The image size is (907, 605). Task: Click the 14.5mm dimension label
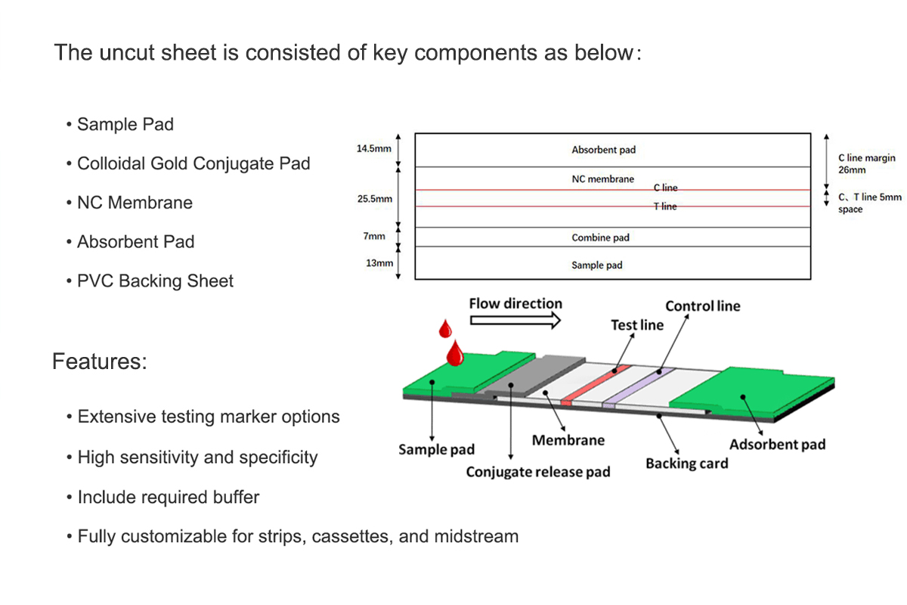click(x=373, y=149)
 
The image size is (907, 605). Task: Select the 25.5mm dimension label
click(x=373, y=199)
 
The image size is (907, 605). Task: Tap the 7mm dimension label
click(x=373, y=237)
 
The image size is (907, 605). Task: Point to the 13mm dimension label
click(x=379, y=263)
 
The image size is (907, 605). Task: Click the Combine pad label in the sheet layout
click(x=600, y=237)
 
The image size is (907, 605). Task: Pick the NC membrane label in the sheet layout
click(x=602, y=179)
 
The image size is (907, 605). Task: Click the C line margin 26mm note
click(x=866, y=164)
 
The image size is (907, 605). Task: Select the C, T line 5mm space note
click(x=869, y=203)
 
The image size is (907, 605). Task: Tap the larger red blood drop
click(x=455, y=354)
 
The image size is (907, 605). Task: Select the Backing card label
click(x=686, y=464)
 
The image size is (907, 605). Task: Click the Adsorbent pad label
click(x=777, y=444)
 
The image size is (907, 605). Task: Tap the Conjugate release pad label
click(x=537, y=473)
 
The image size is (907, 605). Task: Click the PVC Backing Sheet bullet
click(x=155, y=281)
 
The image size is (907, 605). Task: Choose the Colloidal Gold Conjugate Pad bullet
click(x=193, y=163)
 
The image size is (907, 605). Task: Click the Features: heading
click(x=99, y=361)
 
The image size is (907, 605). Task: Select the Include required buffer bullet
click(x=168, y=498)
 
